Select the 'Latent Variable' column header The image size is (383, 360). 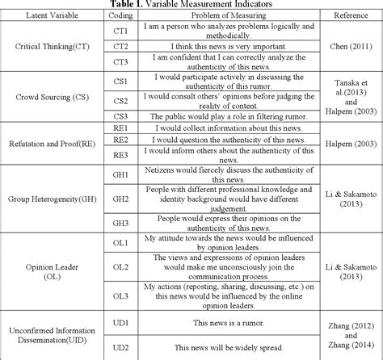click(x=45, y=15)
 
